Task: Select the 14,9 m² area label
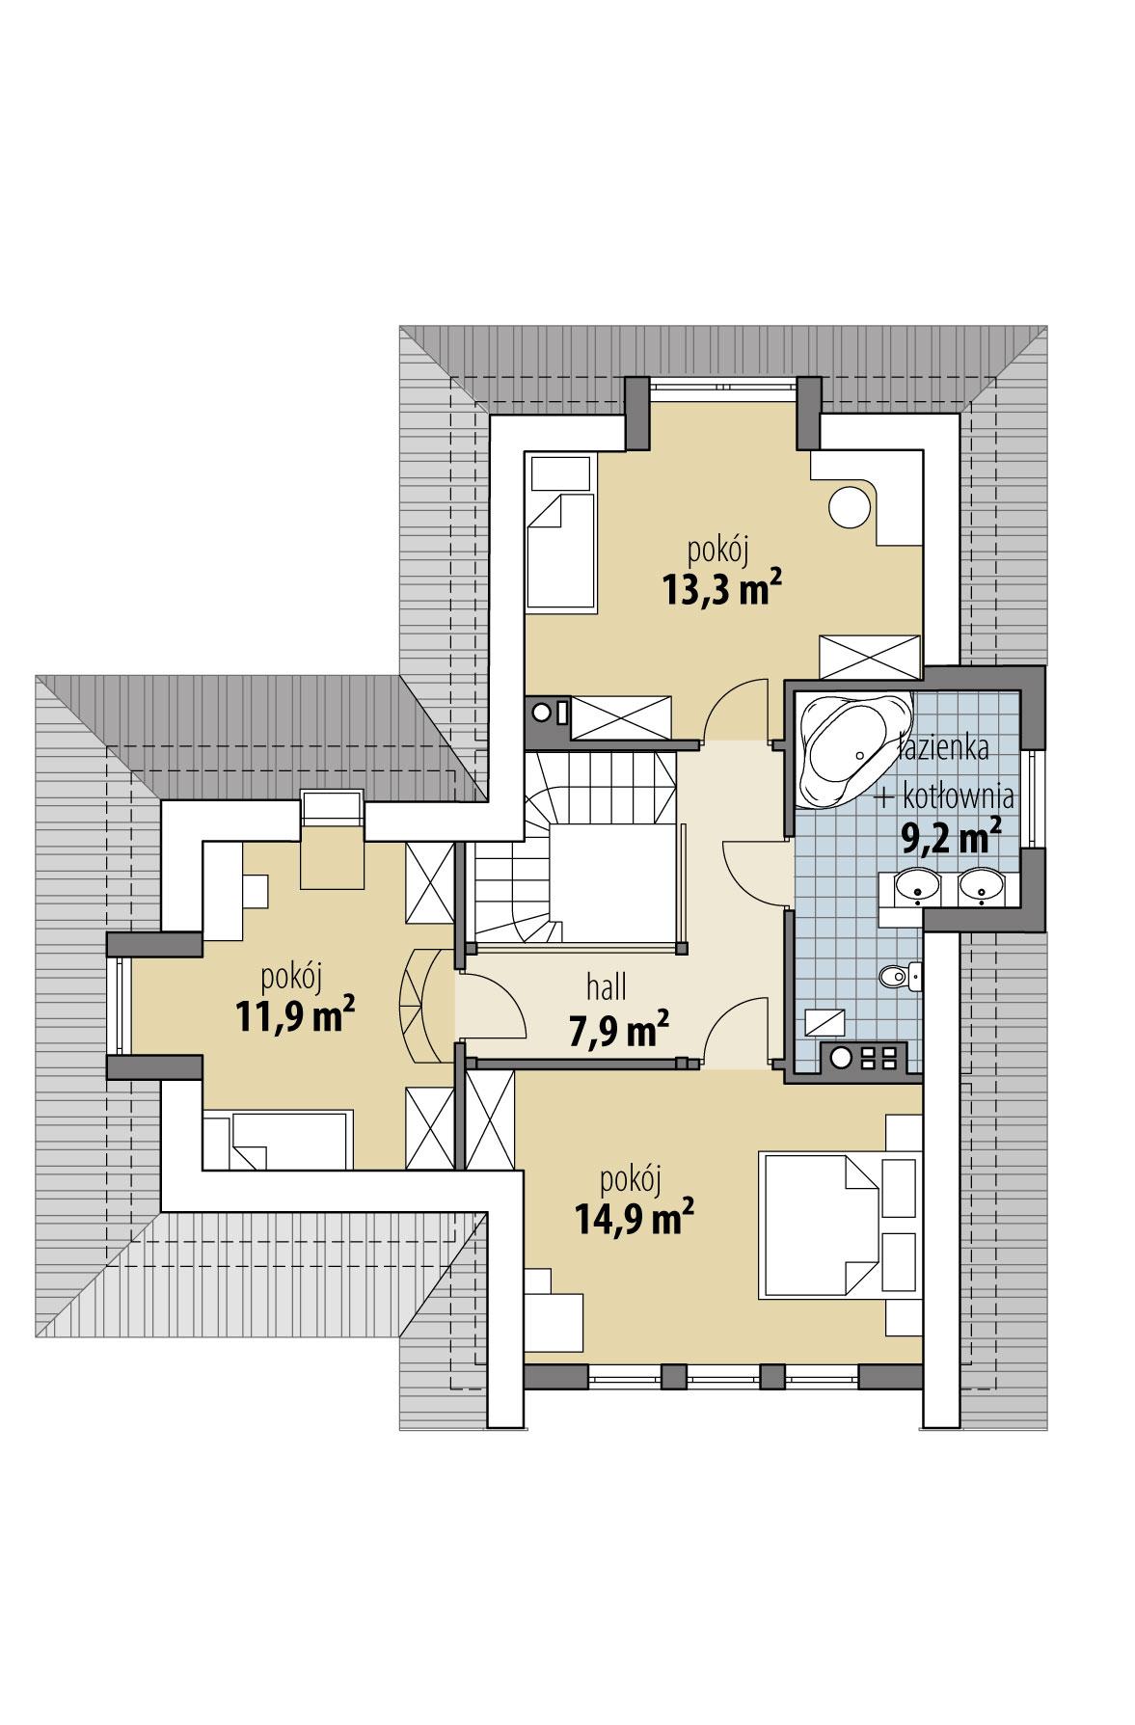click(x=634, y=1218)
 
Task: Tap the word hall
click(x=608, y=987)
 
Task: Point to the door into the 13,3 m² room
click(x=738, y=711)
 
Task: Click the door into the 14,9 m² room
click(x=738, y=1030)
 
